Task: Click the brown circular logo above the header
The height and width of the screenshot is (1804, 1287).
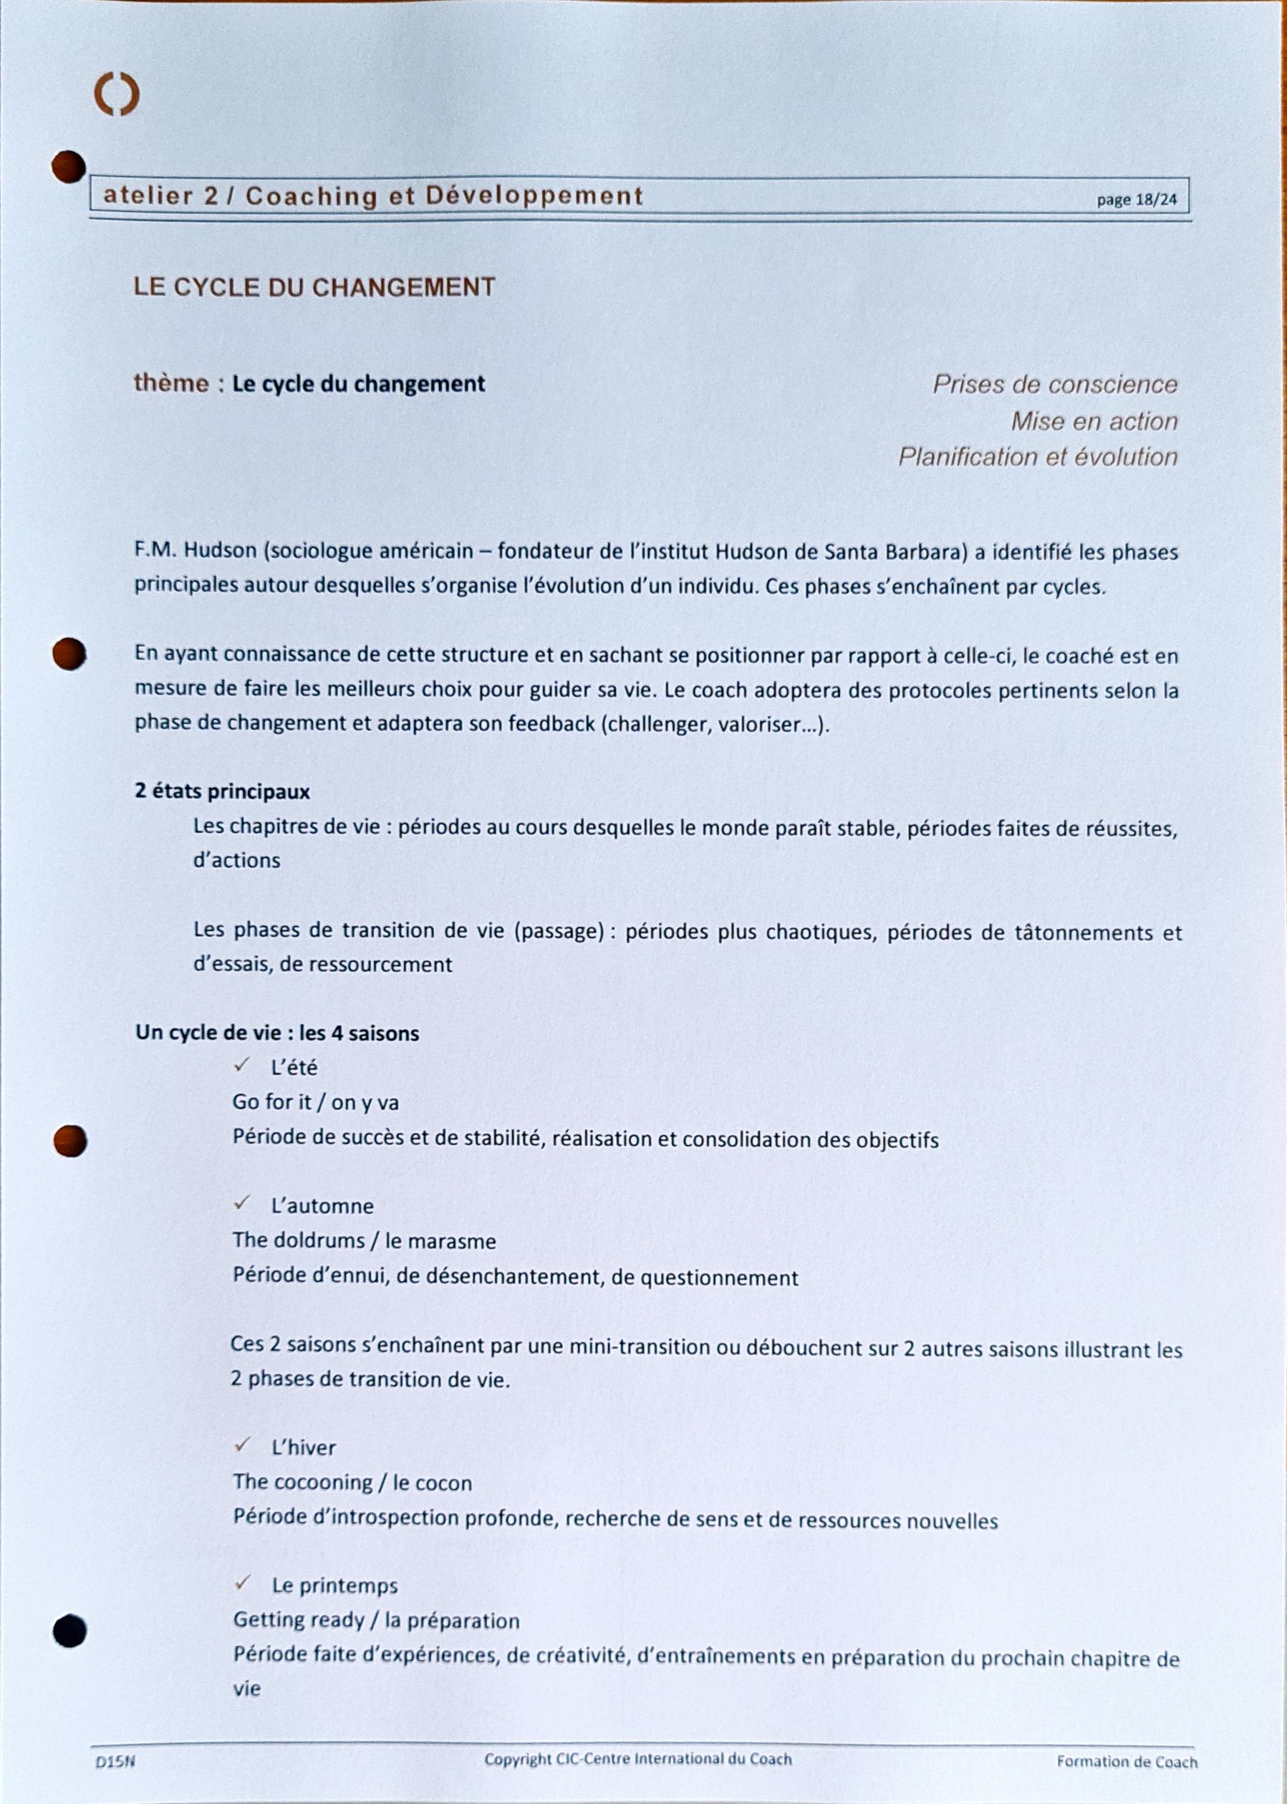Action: pos(117,95)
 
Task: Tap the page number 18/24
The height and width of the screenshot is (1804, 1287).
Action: pos(1137,200)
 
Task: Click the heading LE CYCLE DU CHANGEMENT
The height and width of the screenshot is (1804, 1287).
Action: pos(314,286)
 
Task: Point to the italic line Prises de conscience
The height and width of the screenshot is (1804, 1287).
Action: pos(1054,385)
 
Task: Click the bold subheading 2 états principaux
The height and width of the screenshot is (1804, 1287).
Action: pos(222,791)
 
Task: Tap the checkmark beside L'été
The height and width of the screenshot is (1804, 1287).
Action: pos(241,1066)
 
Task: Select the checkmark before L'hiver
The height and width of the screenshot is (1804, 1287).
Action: pos(243,1446)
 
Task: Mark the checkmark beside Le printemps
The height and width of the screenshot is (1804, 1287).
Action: pos(243,1583)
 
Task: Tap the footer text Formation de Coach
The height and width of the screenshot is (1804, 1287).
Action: pos(1126,1762)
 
